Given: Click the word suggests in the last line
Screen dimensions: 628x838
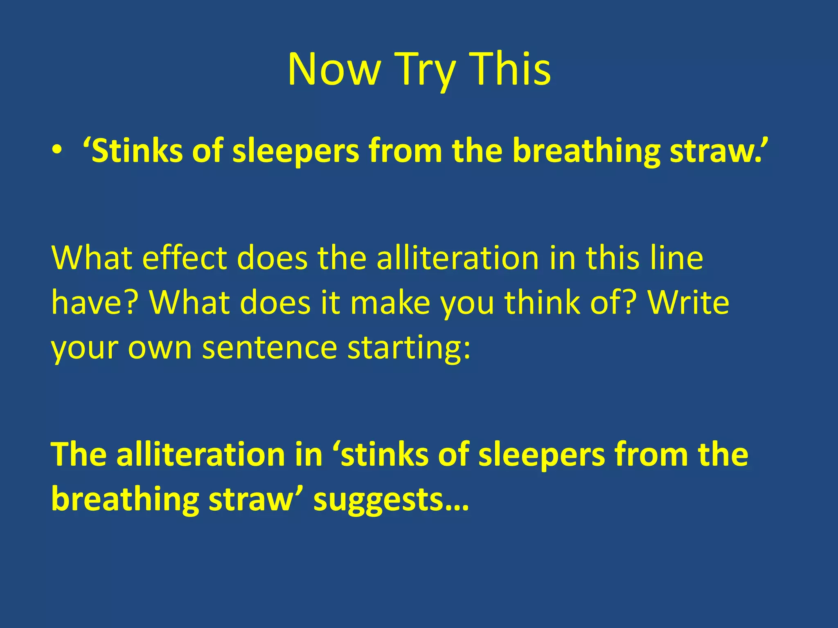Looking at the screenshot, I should tap(391, 500).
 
